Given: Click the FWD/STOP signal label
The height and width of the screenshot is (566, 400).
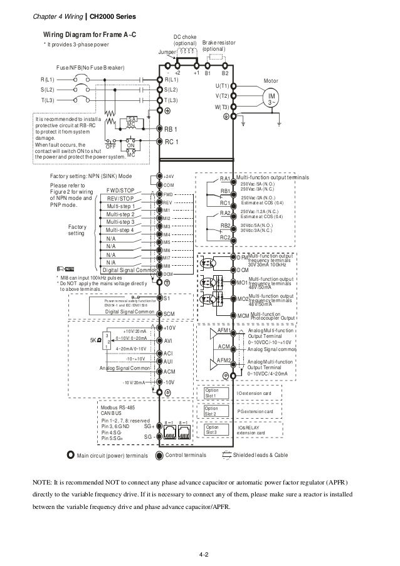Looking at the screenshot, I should click(120, 190).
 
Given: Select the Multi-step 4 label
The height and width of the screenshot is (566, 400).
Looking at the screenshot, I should click(120, 230).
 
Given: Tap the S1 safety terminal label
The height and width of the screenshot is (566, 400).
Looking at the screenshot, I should click(167, 298).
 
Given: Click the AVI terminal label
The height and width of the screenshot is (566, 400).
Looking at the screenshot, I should click(168, 340).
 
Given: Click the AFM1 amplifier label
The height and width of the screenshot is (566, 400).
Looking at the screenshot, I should click(224, 330).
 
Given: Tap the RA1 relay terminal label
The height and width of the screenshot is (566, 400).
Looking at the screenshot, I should click(226, 179).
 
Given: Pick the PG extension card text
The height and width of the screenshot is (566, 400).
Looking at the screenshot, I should click(255, 411).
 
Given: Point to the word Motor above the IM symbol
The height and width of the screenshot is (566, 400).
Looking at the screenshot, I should click(271, 80).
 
